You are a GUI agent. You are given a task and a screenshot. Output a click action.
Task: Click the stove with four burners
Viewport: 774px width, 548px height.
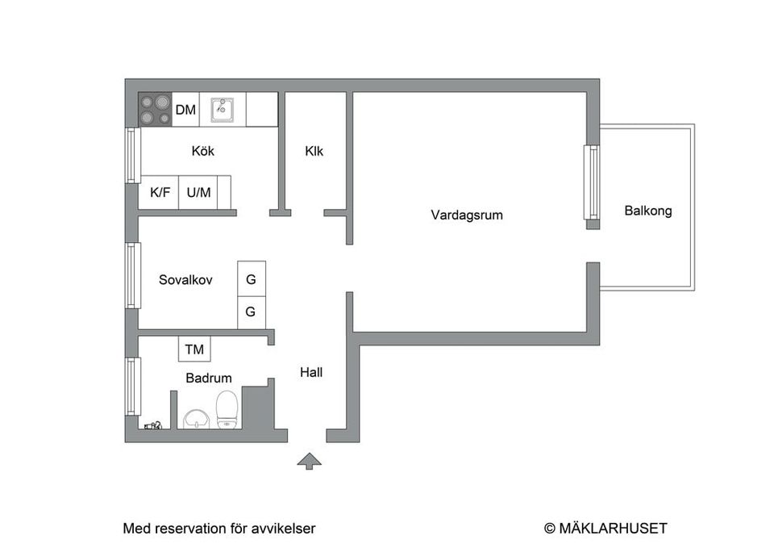[156, 110]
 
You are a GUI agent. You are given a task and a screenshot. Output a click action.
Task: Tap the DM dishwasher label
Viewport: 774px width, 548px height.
[185, 110]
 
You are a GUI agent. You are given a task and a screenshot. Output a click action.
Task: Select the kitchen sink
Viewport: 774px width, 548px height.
[223, 109]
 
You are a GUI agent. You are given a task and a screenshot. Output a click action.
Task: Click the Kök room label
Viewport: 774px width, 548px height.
[203, 151]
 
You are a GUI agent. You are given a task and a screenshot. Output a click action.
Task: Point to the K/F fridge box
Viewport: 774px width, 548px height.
[160, 193]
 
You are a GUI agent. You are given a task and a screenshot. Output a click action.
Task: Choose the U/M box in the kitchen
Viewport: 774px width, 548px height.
[198, 193]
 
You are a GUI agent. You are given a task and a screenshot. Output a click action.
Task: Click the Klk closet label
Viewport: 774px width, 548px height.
[314, 151]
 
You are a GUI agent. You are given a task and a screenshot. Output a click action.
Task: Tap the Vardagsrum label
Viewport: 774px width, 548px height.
[467, 215]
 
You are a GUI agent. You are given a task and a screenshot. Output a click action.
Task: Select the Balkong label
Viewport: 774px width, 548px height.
[647, 211]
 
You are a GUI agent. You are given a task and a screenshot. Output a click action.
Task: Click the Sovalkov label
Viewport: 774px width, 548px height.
[185, 280]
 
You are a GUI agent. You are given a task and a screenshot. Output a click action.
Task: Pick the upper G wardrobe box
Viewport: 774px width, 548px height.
[251, 280]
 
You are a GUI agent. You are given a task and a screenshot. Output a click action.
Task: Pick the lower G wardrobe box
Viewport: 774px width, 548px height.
[251, 312]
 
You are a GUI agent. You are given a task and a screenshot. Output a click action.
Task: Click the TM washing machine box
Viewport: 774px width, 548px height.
[194, 349]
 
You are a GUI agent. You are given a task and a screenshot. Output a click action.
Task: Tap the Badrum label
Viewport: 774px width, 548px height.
[209, 378]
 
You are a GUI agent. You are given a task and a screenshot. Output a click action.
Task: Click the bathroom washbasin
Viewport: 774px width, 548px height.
[196, 418]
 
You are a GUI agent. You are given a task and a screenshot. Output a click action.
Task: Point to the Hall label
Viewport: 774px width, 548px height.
[311, 372]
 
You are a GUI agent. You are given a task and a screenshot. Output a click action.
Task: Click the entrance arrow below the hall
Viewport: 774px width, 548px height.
[309, 461]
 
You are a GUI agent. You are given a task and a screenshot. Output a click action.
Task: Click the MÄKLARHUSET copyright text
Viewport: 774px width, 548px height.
[605, 529]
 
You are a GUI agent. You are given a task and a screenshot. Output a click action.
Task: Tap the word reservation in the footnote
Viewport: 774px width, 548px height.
[188, 529]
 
